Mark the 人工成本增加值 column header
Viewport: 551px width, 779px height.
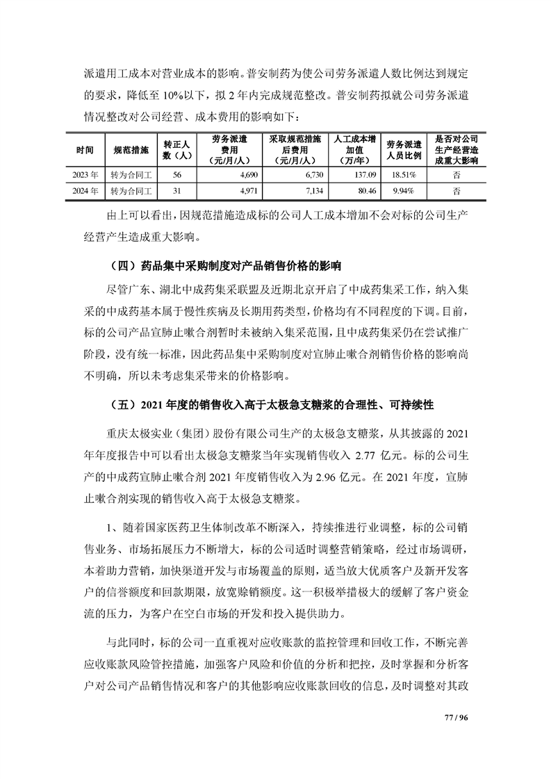pyautogui.click(x=354, y=149)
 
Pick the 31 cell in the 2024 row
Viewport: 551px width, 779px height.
pyautogui.click(x=176, y=190)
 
